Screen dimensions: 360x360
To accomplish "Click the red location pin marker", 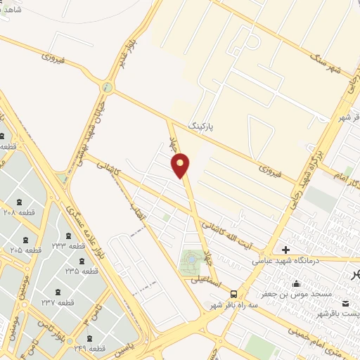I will point(181,165).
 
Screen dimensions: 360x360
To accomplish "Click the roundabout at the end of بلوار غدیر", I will point(107,88).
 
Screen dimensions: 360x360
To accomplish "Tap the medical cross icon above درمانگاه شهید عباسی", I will point(285,250).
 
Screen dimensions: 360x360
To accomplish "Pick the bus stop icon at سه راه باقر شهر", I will point(233,295).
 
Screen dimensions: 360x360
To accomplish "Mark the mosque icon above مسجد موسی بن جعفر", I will point(296,284).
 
